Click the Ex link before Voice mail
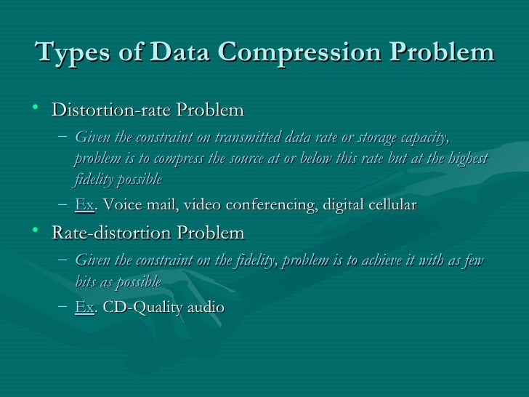84,205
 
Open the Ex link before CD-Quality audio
84,307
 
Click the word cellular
389,205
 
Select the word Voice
121,205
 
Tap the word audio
206,307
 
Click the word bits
87,281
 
